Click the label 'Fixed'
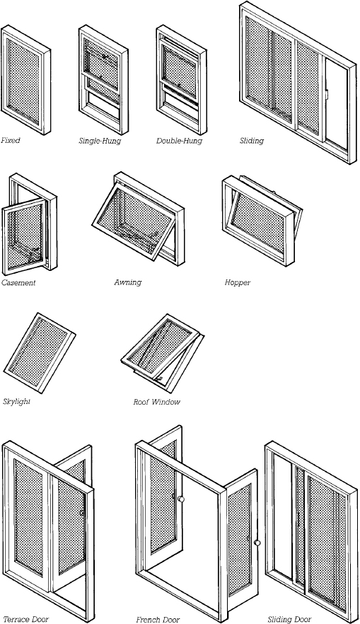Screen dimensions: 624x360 point(11,141)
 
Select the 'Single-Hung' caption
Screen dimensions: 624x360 point(99,141)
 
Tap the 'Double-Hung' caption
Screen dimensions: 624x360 point(179,141)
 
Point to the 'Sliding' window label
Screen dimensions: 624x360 point(251,141)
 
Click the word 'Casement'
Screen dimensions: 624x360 point(18,282)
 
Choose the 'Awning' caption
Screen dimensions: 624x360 point(128,282)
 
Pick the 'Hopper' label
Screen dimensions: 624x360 point(238,282)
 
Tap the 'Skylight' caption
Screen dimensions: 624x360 point(17,401)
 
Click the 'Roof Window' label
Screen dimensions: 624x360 point(157,402)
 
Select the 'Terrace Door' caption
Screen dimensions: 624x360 point(25,620)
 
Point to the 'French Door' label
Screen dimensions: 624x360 point(157,620)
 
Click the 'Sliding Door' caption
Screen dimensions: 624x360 point(289,620)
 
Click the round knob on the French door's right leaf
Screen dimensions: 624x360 point(257,543)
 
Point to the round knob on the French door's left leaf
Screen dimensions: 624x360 point(182,499)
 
